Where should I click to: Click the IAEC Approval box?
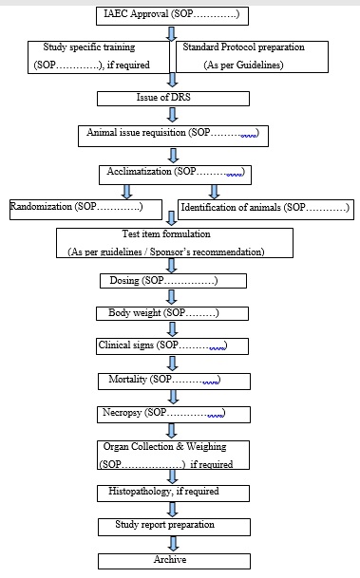click(173, 15)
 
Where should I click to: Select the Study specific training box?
click(100, 56)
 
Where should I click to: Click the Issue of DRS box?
click(173, 98)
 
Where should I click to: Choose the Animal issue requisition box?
click(172, 135)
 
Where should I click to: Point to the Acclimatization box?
click(173, 174)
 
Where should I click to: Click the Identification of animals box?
click(264, 207)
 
